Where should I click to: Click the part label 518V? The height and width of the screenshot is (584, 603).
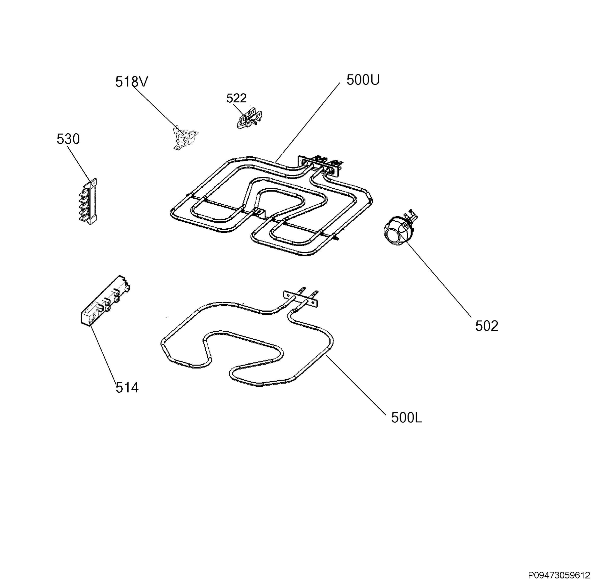click(132, 82)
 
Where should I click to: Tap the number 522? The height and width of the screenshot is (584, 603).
click(237, 98)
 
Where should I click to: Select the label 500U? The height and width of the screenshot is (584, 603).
click(363, 80)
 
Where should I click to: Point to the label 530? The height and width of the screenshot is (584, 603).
click(68, 139)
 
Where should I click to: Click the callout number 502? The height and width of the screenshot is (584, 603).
click(487, 326)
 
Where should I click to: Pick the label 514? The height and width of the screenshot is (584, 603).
click(127, 388)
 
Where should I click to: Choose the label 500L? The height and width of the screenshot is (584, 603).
click(407, 418)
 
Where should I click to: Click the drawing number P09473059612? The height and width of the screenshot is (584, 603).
click(559, 575)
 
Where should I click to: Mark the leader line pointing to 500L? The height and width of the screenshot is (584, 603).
click(355, 385)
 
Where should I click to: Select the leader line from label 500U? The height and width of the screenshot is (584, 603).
click(308, 122)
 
